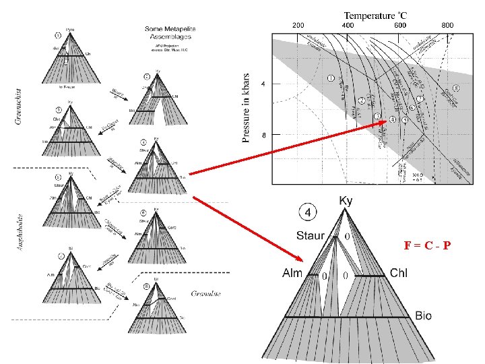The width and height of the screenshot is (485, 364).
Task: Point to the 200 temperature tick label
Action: [298, 25]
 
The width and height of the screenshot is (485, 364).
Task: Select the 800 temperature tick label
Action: [447, 25]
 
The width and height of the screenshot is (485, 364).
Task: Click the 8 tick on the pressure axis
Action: [263, 135]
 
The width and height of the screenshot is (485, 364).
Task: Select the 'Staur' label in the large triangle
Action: [310, 236]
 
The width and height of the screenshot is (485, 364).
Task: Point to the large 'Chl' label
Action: [399, 274]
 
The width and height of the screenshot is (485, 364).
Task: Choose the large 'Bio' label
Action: [424, 315]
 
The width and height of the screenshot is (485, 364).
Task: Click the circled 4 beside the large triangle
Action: [307, 212]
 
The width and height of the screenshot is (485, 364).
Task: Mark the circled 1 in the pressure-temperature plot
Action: [331, 78]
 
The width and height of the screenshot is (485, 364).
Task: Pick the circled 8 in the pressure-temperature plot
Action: [457, 88]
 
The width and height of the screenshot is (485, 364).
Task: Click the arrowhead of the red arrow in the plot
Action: [386, 121]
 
